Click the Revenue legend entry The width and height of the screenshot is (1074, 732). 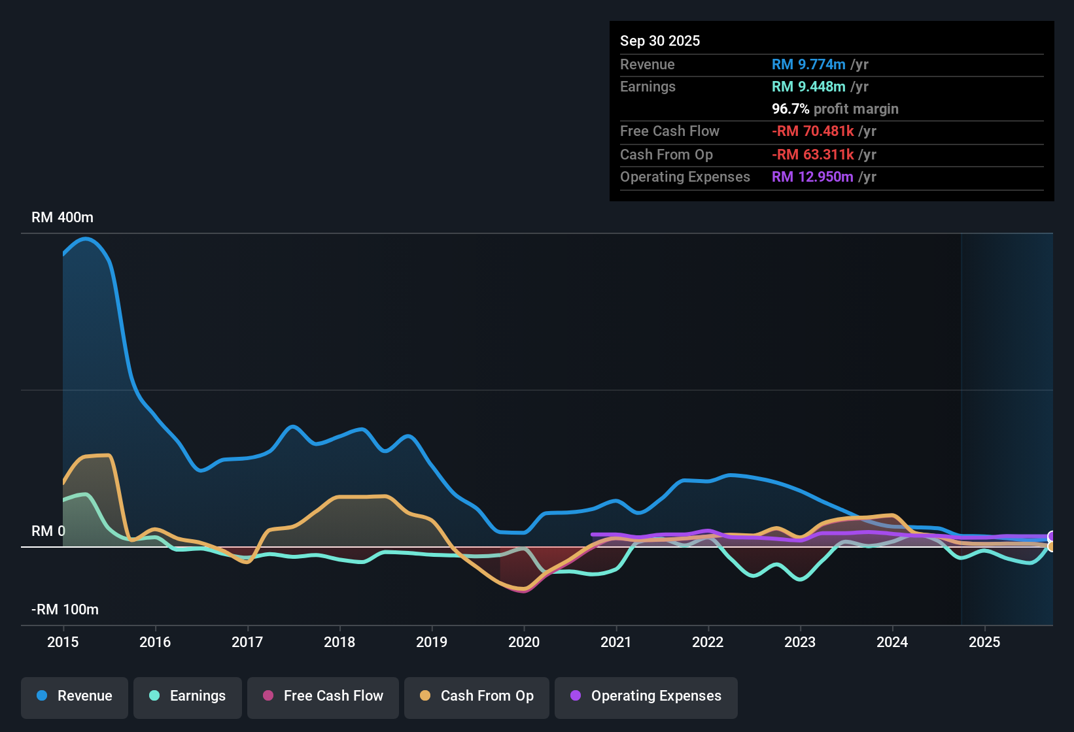pos(75,696)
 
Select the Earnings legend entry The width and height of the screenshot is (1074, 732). pos(188,696)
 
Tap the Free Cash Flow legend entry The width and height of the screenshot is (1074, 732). pos(323,696)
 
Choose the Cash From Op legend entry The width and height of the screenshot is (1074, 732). pos(477,696)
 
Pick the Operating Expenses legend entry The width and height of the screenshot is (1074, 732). pos(646,696)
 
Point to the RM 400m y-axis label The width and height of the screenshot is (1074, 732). pos(62,218)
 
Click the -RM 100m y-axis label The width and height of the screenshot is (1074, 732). pos(65,610)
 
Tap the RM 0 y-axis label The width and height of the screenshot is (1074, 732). pos(48,531)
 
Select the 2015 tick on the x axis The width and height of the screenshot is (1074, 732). pos(63,642)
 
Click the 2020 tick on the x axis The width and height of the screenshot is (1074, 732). pos(524,642)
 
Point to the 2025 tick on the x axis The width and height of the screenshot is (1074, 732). pos(984,642)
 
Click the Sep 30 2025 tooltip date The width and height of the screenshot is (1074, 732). pos(659,41)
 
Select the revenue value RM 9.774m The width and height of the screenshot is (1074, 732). pos(808,65)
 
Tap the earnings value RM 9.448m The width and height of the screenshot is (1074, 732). pos(808,87)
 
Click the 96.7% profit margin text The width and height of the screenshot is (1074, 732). pos(835,109)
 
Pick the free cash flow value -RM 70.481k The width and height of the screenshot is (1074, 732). pos(813,131)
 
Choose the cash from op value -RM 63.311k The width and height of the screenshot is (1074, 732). pos(813,155)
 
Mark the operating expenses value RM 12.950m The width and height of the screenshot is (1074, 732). pos(812,177)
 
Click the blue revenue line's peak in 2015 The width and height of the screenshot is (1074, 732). pos(86,239)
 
